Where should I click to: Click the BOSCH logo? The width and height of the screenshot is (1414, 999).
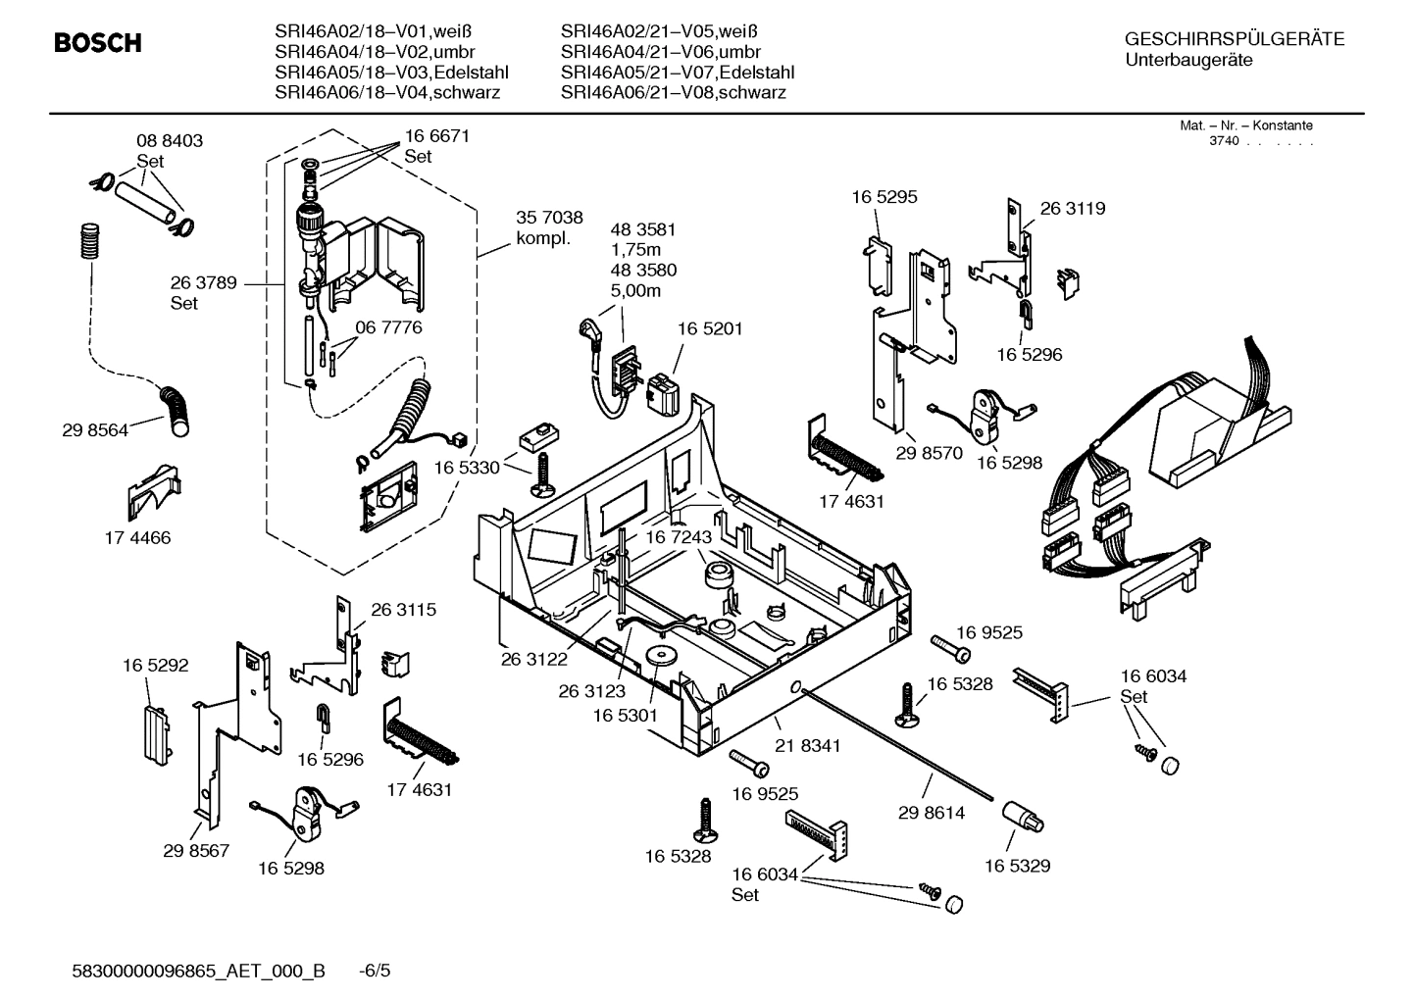pyautogui.click(x=98, y=43)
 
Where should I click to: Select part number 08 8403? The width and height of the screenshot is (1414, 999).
pyautogui.click(x=170, y=140)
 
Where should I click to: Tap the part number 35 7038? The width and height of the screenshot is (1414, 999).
pyautogui.click(x=549, y=218)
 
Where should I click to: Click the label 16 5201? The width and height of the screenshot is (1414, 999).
pyautogui.click(x=710, y=329)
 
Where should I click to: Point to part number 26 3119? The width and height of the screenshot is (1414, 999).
pyautogui.click(x=1072, y=208)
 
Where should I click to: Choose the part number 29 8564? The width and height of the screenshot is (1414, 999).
pyautogui.click(x=95, y=429)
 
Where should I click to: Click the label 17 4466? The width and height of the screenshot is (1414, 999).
pyautogui.click(x=137, y=537)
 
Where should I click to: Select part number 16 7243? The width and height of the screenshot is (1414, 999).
pyautogui.click(x=678, y=537)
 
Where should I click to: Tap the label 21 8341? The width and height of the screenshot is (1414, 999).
pyautogui.click(x=808, y=746)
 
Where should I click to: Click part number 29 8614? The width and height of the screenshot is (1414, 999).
pyautogui.click(x=932, y=813)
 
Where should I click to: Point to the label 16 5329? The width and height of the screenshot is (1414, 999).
pyautogui.click(x=1017, y=866)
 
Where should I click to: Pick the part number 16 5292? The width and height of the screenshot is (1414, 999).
pyautogui.click(x=155, y=665)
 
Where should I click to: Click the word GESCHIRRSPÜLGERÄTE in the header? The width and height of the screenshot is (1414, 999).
pyautogui.click(x=1235, y=39)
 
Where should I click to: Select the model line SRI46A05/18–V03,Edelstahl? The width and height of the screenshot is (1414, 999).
pyautogui.click(x=391, y=73)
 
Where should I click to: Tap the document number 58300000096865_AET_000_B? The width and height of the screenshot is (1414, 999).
pyautogui.click(x=199, y=972)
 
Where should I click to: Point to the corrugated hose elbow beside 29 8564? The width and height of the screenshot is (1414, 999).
pyautogui.click(x=178, y=409)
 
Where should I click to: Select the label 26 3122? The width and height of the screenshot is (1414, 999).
pyautogui.click(x=534, y=660)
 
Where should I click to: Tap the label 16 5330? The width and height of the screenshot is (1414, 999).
pyautogui.click(x=467, y=468)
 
